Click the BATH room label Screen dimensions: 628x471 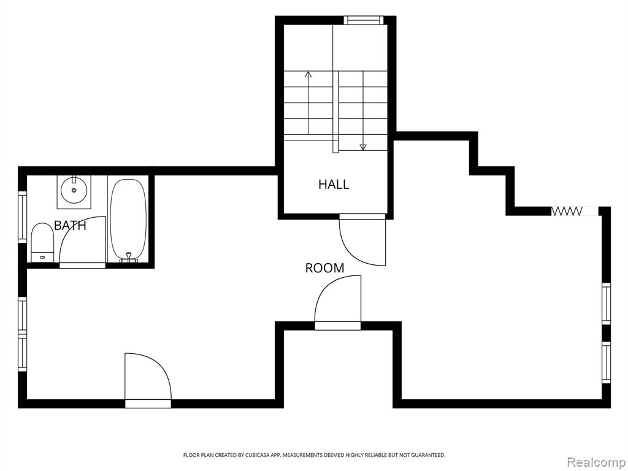(x=70, y=226)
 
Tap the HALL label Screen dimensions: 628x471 (x=334, y=184)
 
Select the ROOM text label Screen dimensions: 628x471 (x=324, y=268)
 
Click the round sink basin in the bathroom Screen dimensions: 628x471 (x=74, y=191)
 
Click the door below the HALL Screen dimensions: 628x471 (x=362, y=240)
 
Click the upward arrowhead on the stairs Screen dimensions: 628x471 (x=308, y=74)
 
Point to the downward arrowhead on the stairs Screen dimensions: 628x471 (x=363, y=147)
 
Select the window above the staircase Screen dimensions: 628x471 (x=364, y=20)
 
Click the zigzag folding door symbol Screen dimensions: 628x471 (x=567, y=211)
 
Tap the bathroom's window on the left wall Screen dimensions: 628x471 (x=23, y=217)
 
